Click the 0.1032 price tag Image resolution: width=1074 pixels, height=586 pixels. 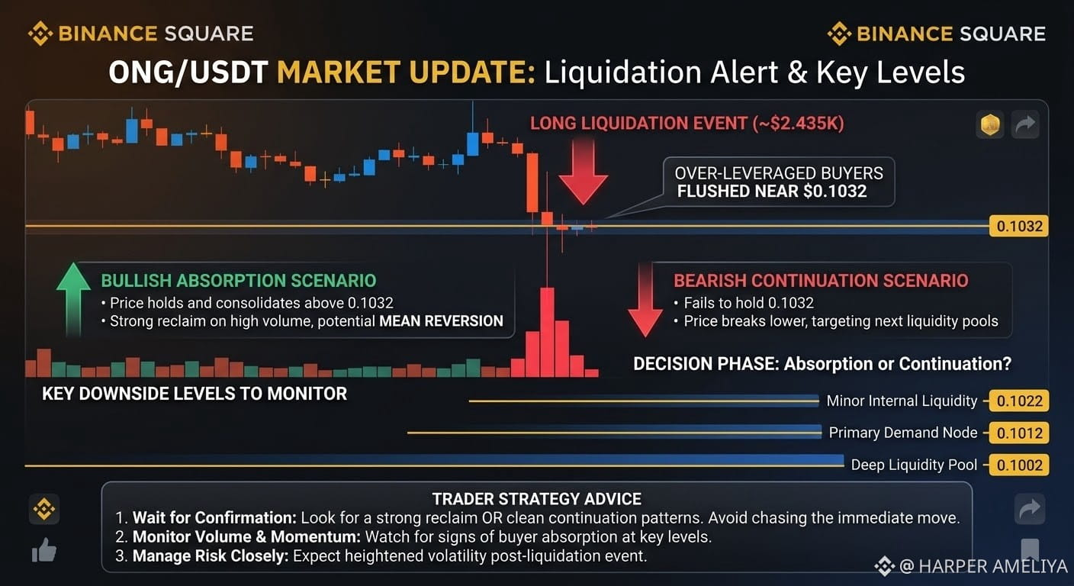[1019, 226]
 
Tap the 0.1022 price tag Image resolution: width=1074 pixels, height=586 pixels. [1019, 401]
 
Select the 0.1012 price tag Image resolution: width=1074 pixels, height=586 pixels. [1019, 433]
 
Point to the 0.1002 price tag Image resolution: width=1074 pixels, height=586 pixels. [1019, 465]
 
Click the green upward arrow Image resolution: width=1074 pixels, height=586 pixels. [73, 299]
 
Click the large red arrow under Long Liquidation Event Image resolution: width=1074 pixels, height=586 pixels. [583, 172]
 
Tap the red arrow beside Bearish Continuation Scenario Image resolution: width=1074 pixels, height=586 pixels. [645, 300]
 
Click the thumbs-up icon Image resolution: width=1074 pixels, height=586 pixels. [44, 550]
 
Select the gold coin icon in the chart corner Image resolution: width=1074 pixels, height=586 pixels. [990, 124]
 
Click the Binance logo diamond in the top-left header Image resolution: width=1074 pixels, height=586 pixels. [40, 34]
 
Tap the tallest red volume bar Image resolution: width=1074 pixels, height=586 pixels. [547, 332]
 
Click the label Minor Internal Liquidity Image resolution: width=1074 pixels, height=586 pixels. [902, 401]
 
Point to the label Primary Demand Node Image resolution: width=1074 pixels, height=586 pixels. [903, 433]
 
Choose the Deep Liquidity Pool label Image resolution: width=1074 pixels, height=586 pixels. [914, 465]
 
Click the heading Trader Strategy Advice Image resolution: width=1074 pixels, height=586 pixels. [536, 499]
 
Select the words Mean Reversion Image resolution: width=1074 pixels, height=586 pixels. [441, 320]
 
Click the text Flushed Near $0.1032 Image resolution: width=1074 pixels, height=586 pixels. [772, 192]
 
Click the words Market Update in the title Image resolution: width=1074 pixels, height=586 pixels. [406, 72]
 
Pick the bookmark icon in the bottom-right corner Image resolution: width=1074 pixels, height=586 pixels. [1030, 549]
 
